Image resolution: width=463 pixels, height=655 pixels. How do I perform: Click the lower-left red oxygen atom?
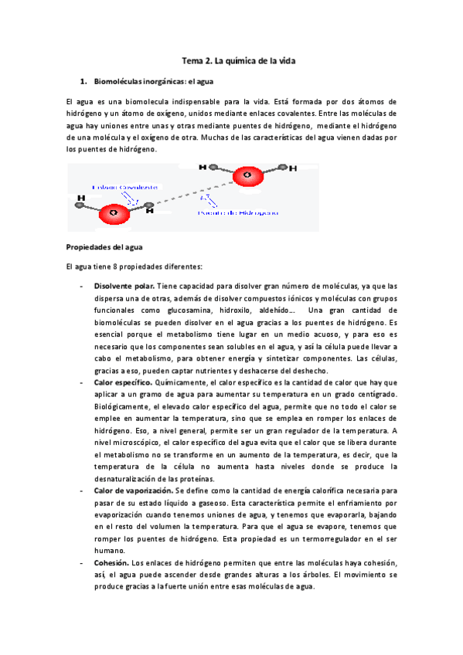point(114,211)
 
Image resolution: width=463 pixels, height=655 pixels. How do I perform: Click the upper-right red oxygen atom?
point(247,176)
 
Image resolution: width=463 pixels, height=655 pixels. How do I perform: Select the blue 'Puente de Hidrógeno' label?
point(237,211)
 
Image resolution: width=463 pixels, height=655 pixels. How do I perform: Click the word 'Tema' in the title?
point(192,59)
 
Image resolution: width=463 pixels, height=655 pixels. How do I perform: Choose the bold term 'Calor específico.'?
point(123,382)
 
